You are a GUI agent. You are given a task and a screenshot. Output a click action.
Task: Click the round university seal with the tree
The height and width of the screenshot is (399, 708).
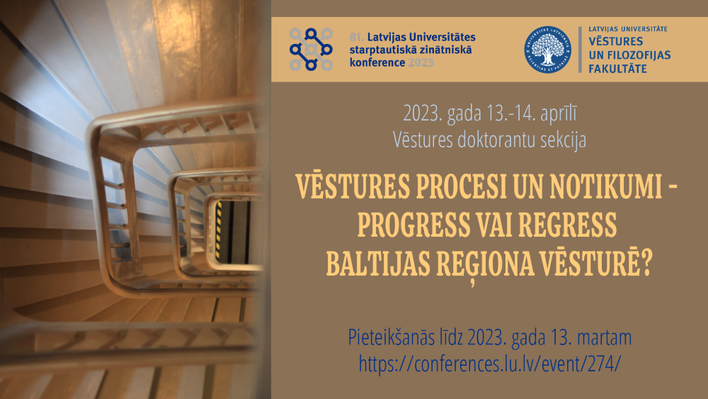(x=547, y=49)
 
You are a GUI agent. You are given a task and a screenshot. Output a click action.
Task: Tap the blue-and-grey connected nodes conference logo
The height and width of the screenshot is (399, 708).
(x=311, y=49)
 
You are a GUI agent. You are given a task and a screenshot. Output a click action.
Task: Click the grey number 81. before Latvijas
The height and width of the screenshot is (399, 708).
(x=357, y=37)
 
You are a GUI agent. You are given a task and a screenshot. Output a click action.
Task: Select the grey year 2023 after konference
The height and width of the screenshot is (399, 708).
(x=421, y=63)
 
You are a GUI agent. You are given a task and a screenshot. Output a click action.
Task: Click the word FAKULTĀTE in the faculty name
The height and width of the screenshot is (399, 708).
(x=617, y=69)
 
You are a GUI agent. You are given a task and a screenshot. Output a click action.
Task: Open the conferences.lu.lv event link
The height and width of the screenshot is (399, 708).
(x=490, y=364)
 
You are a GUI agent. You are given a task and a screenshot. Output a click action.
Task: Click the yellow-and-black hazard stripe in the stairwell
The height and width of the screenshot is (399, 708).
(x=219, y=231)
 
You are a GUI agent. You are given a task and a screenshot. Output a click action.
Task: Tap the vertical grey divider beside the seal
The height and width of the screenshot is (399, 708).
(x=581, y=50)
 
